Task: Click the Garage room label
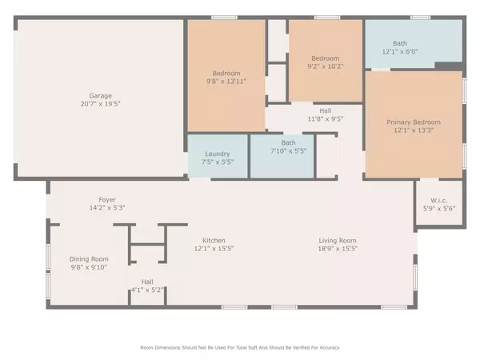pos(101,95)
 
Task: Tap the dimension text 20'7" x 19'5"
pos(101,104)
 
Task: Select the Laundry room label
pos(218,154)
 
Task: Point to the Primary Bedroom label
pos(414,122)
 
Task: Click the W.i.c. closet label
pos(438,200)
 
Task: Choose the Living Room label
pos(337,241)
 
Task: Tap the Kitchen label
pos(214,241)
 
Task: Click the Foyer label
pos(108,199)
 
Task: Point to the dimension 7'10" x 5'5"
pos(288,150)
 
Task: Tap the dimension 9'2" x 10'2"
pos(325,66)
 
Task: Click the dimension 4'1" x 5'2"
pos(147,290)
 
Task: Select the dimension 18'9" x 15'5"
pos(337,249)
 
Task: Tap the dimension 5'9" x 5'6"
pos(438,208)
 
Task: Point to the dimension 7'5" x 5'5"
pos(218,162)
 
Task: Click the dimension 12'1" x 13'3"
pos(414,130)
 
